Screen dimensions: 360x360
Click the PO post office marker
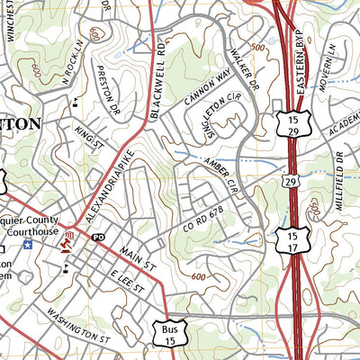[x=98, y=238]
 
